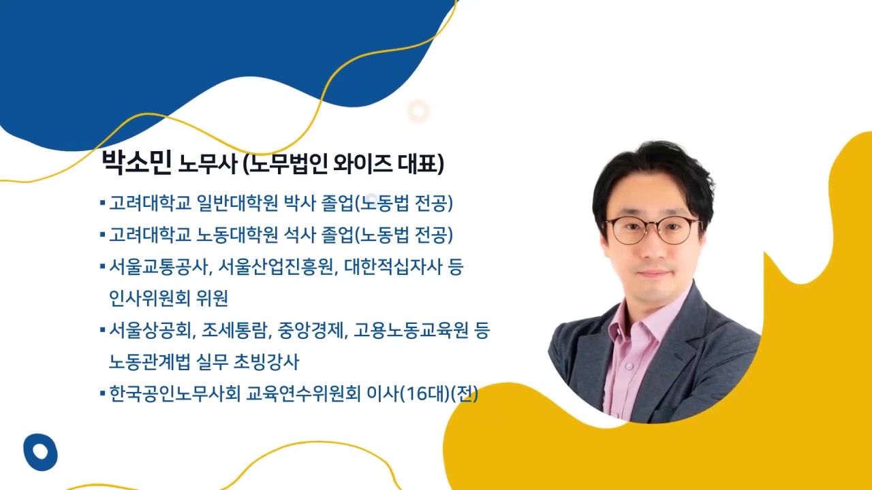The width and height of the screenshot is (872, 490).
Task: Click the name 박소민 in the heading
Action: pyautogui.click(x=136, y=163)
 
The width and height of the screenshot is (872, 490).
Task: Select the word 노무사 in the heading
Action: pyautogui.click(x=207, y=164)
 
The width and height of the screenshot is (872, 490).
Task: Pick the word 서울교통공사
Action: pyautogui.click(x=158, y=267)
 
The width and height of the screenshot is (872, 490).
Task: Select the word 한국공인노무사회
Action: pyautogui.click(x=174, y=393)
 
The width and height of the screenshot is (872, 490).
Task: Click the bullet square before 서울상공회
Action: pyautogui.click(x=102, y=330)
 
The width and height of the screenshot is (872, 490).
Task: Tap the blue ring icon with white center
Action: pyautogui.click(x=40, y=452)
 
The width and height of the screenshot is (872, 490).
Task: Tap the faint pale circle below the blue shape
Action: pyautogui.click(x=418, y=111)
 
